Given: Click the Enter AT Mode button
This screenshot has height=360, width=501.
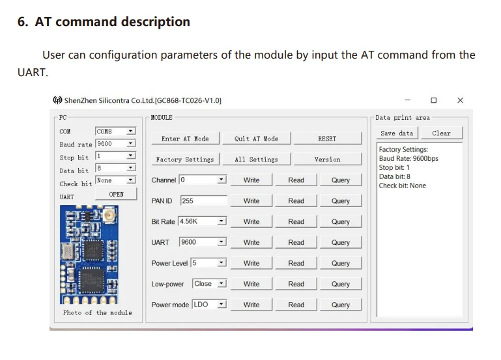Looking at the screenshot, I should [185, 139].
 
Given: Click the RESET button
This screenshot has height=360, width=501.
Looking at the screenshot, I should [327, 139].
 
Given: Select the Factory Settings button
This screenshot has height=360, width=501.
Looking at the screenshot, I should [185, 159].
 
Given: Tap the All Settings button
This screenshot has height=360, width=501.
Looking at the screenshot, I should [256, 159].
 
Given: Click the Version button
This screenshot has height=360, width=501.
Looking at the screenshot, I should [327, 159].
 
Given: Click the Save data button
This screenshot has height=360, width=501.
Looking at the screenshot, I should [397, 133].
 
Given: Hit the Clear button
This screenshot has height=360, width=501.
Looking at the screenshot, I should [441, 133].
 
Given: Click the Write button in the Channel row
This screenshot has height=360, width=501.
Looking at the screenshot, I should [251, 180].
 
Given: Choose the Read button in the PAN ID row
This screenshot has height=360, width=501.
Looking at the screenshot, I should [296, 201].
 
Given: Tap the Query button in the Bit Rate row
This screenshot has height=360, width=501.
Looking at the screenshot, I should [340, 222].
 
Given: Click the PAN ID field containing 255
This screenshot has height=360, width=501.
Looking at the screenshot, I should [203, 201].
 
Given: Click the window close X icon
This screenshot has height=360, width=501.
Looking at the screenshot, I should [460, 100].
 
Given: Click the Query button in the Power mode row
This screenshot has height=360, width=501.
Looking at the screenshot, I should [340, 305].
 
